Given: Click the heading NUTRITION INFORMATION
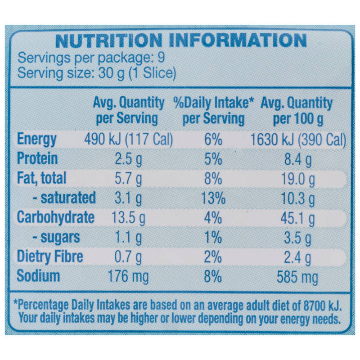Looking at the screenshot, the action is point(181,40).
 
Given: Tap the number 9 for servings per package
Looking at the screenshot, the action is point(162,58).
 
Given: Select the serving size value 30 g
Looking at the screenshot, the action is point(111,73).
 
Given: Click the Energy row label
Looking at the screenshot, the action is point(37,139).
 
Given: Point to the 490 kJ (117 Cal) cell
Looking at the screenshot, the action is point(128,139).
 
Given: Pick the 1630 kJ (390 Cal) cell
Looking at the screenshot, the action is point(298,140).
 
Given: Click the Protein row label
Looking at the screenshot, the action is point(37,158).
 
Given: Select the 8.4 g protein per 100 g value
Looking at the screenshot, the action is point(298,160).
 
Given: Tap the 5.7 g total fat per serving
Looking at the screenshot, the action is point(128,179).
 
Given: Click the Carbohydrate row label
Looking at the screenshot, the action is point(55,217).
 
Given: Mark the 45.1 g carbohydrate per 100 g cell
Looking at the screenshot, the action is point(298,218).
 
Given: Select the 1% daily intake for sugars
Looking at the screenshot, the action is point(213,237).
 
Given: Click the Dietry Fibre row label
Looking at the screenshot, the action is point(50,256).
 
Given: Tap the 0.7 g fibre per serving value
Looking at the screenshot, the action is point(128,257).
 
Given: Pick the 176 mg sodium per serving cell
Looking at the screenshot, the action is point(128,276).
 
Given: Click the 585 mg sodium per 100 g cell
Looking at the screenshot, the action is point(297,277).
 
